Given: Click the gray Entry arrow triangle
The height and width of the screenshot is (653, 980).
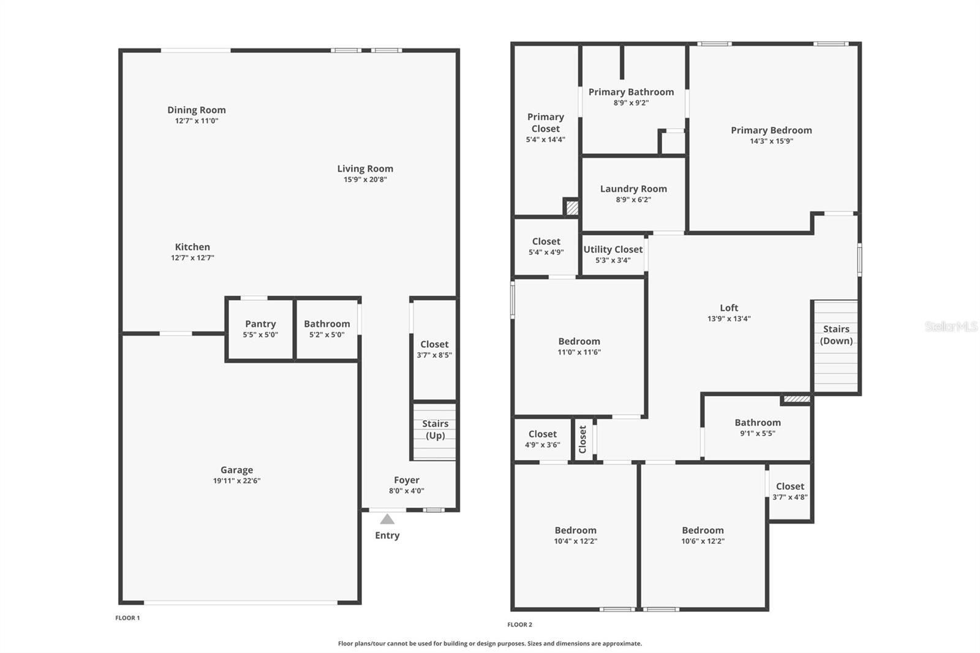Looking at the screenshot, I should coord(387,519).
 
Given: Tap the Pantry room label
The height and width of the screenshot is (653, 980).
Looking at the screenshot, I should coord(260,324).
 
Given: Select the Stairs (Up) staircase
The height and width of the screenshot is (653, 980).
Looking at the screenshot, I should coord(435,431).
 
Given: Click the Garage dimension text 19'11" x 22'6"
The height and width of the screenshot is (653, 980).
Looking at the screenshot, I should coord(236,481).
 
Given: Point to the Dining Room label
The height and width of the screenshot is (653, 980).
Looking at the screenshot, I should coord(197,110).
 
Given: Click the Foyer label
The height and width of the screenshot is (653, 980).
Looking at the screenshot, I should coord(406,480).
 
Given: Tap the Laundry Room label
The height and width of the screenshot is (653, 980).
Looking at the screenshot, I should coord(633,189).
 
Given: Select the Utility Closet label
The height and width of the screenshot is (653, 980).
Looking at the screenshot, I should coord(612,249).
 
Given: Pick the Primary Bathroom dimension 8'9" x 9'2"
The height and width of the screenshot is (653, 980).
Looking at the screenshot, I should coord(631,103).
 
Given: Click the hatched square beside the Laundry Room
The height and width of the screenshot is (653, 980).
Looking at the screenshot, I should coord(571,208).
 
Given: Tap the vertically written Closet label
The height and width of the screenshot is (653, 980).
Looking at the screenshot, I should coord(582,439).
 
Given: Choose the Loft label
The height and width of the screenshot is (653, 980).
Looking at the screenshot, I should coord(729,308).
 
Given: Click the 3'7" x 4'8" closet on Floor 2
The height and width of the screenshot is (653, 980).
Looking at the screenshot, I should coord(790,491).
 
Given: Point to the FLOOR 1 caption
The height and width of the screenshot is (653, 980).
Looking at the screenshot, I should coord(127,618).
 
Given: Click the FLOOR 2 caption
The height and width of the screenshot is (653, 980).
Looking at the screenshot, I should coord(519,625).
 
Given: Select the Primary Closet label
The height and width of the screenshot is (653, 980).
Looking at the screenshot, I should coord(545,123).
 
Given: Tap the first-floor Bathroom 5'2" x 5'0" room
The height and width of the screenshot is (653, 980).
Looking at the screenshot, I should coord(326,329).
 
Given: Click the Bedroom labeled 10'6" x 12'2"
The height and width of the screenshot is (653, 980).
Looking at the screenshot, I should coord(703,535).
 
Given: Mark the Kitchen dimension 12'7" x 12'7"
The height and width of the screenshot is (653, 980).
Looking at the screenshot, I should coord(192,258).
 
